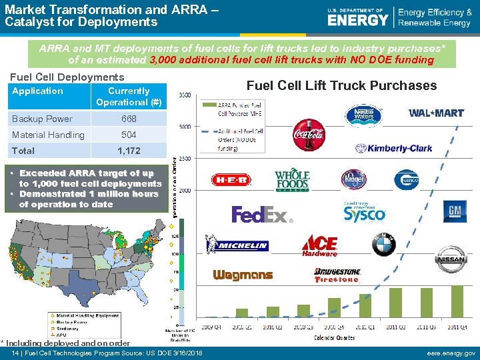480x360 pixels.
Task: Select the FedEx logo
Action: [262, 214]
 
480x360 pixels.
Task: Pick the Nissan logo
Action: [451, 259]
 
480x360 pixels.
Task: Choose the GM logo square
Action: [455, 211]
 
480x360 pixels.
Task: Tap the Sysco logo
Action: [365, 211]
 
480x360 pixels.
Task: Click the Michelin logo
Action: [241, 245]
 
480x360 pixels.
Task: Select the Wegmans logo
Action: [243, 275]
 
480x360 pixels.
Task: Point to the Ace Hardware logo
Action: [319, 245]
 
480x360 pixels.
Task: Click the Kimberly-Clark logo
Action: [399, 148]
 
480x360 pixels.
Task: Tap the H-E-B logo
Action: [231, 180]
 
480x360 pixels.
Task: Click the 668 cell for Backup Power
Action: [129, 119]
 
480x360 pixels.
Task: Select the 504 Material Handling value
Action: [129, 135]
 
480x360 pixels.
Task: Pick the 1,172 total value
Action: [129, 151]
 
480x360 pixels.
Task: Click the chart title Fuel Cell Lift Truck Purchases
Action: [341, 85]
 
